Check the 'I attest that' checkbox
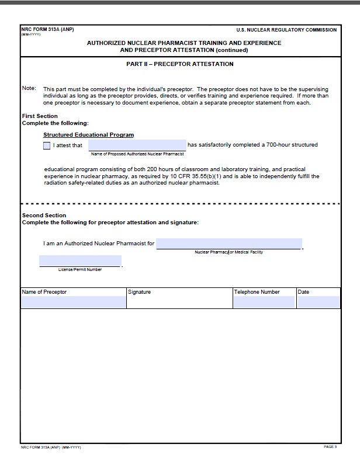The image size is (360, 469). coord(47,145)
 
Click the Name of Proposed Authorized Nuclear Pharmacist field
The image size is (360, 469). coord(137,145)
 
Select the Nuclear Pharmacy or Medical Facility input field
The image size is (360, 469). coord(229,244)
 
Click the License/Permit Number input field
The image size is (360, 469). coord(80,261)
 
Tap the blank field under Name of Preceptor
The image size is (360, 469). coord(73,302)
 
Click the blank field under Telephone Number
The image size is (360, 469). coord(264,302)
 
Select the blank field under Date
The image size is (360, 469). coord(319,302)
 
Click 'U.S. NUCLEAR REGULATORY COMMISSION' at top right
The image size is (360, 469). coord(286,30)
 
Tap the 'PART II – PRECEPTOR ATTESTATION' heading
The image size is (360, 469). coord(180,64)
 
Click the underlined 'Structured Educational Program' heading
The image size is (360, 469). coord(88,135)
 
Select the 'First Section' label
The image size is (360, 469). coord(40,116)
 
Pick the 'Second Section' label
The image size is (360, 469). coord(44,216)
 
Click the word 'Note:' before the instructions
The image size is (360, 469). coord(29,88)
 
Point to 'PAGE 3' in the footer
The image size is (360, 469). coord(330,447)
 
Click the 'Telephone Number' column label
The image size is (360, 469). coord(257,292)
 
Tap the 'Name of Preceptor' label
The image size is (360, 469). coord(44,292)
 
